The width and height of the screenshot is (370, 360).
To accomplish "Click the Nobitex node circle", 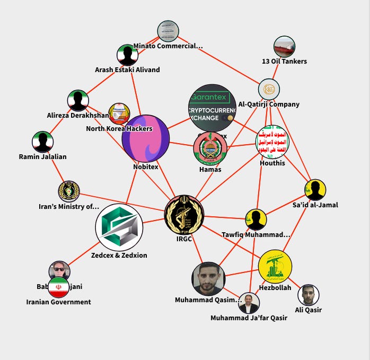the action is pos(145,139).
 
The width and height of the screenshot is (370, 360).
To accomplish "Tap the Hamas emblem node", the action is pos(210,148).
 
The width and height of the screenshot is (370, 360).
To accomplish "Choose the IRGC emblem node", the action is pos(183,214).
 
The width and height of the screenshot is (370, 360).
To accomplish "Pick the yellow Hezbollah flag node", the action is pos(275,267).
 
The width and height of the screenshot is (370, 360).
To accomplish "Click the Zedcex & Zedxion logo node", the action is pos(119,228).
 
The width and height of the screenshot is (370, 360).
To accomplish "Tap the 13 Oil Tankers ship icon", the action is pos(284,47).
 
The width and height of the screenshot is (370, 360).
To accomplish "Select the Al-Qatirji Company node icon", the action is pos(269,89).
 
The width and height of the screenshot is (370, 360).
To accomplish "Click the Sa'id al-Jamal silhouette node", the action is pos(315,190).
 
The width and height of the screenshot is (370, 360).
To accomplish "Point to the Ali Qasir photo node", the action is pos(308,295).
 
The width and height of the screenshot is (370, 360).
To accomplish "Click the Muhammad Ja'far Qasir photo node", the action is pos(249,303).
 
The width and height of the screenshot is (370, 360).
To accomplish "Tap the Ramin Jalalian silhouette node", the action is pos(42,142).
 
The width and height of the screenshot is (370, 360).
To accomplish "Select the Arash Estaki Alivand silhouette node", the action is pos(127,55).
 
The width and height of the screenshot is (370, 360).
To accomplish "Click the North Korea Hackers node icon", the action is pos(119,113).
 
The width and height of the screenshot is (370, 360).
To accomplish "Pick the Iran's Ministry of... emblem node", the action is pos(69,191).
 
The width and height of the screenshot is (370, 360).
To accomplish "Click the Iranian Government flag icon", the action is pos(58,287).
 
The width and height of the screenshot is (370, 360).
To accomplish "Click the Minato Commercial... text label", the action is pos(168,46).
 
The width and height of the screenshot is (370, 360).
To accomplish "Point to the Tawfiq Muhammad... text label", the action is pos(256,234).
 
